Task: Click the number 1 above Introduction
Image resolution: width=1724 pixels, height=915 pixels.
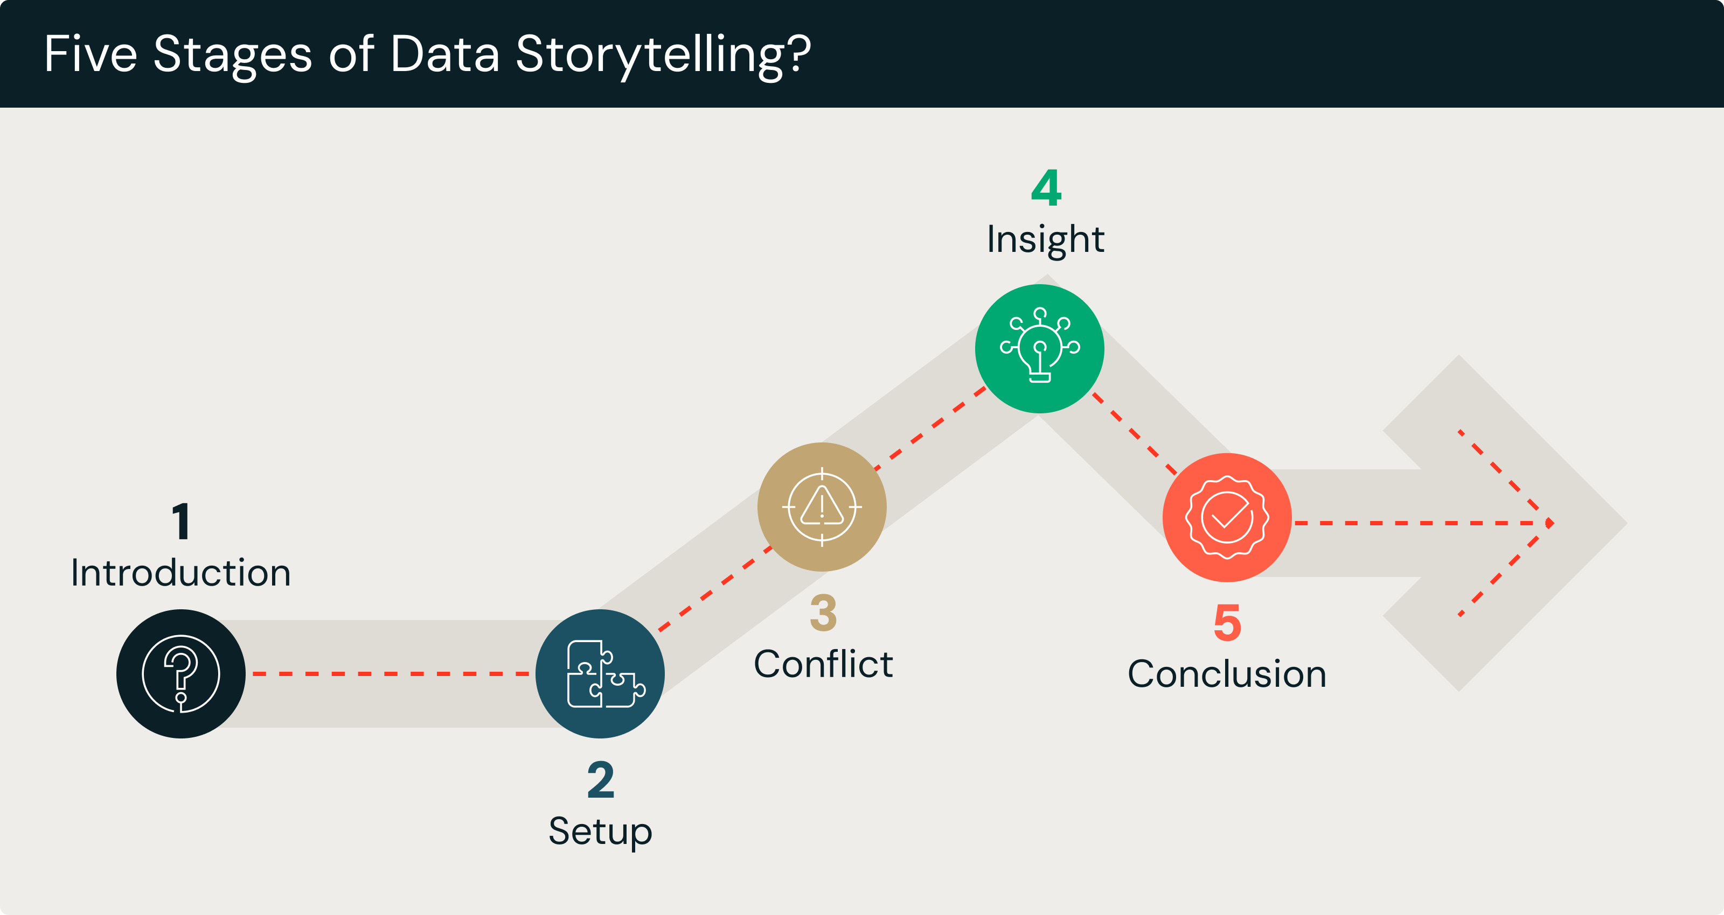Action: tap(180, 521)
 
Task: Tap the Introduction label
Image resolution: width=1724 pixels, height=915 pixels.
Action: tap(180, 573)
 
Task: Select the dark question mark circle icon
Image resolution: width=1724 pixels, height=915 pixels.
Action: tap(180, 673)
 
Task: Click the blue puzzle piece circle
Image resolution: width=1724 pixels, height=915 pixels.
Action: tap(600, 673)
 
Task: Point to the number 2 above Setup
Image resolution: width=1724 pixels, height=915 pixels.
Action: tap(600, 780)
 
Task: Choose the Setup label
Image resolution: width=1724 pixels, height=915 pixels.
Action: tap(600, 832)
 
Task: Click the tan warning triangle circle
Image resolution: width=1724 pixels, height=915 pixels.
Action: tap(822, 507)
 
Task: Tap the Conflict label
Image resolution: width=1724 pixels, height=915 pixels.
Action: tap(823, 664)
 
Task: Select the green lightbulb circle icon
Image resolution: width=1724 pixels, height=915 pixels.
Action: tap(1039, 348)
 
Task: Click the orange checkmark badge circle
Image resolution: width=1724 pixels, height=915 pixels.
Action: tap(1227, 517)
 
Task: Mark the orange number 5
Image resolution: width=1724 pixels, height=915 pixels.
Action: tap(1227, 623)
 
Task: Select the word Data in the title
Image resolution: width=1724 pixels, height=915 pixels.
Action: tap(444, 53)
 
